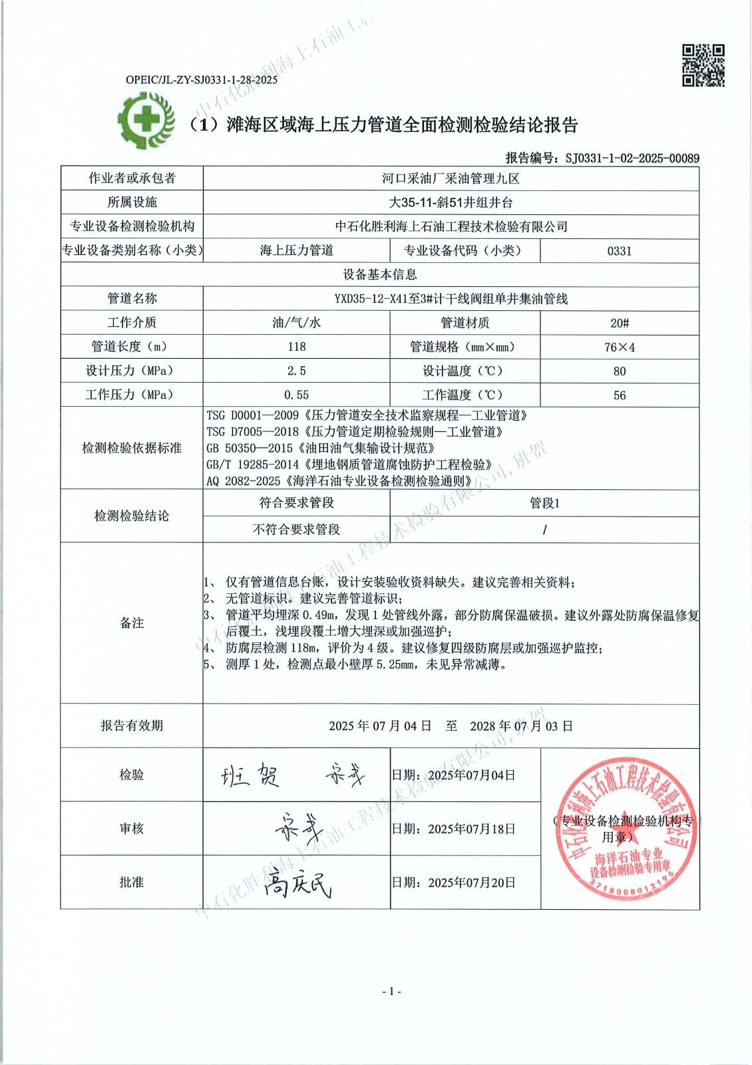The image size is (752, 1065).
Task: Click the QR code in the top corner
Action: point(703,65)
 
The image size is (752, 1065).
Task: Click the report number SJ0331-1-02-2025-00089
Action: point(632,158)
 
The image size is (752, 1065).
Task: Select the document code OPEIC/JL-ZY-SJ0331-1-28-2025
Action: point(202,80)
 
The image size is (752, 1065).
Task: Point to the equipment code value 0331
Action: point(619,251)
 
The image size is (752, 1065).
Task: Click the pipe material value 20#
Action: point(619,323)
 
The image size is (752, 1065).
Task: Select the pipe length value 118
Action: point(296,347)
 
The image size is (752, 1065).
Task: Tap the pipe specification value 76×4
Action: point(619,347)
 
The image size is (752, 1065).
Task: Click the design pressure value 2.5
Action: point(296,371)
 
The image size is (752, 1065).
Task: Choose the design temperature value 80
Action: point(619,371)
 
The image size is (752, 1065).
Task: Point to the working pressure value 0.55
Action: point(296,395)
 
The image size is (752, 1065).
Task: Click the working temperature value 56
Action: point(619,395)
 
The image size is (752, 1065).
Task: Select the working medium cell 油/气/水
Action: point(296,323)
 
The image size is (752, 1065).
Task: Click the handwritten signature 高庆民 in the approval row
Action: point(297,884)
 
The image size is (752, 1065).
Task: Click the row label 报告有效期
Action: point(132,726)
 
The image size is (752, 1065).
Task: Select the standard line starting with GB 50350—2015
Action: point(320,448)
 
